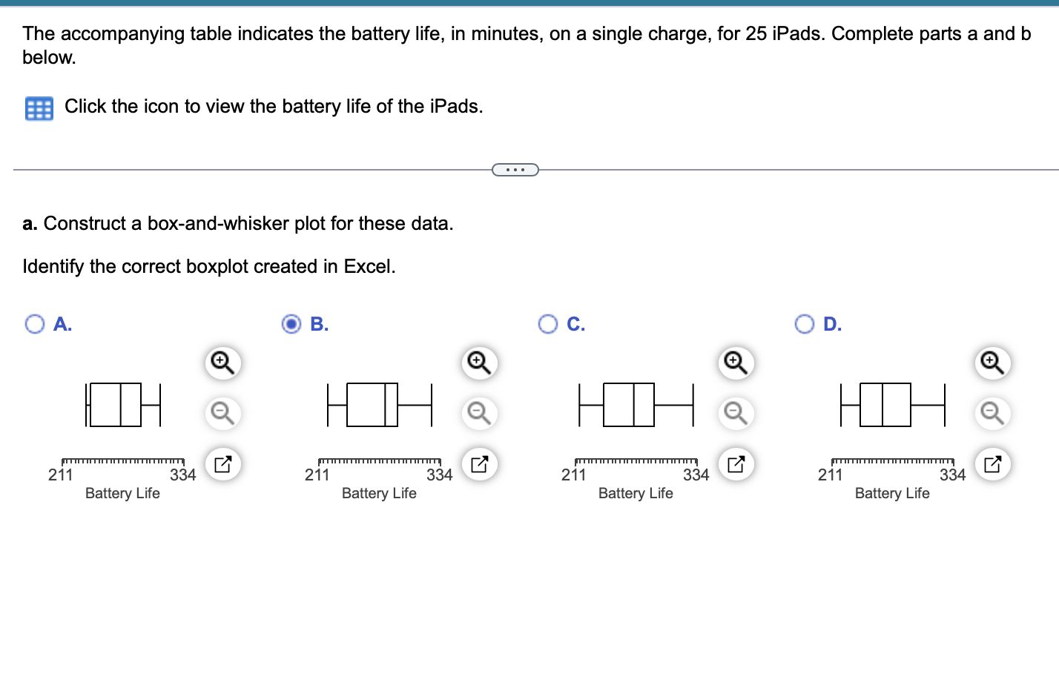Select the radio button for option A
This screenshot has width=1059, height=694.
(x=35, y=324)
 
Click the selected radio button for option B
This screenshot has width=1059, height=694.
(x=292, y=324)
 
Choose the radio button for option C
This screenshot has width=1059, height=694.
(x=548, y=324)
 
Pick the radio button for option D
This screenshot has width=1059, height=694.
(x=805, y=324)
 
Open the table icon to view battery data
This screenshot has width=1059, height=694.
(x=39, y=108)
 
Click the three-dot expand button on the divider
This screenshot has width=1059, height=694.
(x=515, y=170)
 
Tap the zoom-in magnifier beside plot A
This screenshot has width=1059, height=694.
(x=222, y=363)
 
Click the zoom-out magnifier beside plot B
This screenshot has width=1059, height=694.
(x=479, y=412)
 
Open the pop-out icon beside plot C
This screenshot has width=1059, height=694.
(x=736, y=464)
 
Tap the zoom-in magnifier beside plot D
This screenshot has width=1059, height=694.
(x=992, y=363)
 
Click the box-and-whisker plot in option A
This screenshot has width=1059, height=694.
(x=123, y=405)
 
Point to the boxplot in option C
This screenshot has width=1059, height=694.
(x=636, y=405)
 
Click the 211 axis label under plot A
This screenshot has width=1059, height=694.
(x=60, y=475)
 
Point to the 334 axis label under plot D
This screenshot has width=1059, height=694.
(x=952, y=475)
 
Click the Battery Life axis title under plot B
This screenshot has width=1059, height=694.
(x=379, y=493)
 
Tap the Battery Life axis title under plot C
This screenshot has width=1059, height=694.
(x=636, y=493)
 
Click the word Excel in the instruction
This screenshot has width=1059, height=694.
(x=368, y=266)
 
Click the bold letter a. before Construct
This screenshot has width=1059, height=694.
(x=30, y=223)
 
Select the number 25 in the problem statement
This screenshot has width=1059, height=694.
(x=756, y=33)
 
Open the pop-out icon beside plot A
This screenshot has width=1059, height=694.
(x=222, y=464)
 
